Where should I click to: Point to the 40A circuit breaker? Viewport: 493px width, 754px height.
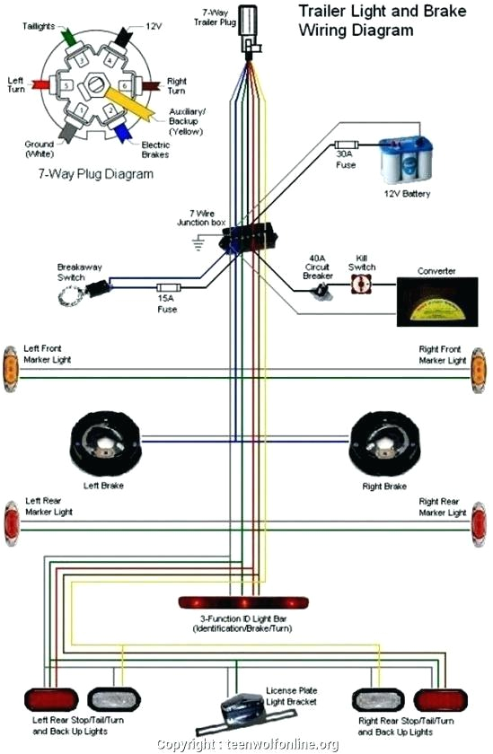319,291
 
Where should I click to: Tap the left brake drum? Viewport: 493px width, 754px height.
106,443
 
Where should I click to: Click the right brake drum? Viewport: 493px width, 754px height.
384,443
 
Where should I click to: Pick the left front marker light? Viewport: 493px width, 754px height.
11,368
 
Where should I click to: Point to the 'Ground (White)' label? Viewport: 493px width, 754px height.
39,149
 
